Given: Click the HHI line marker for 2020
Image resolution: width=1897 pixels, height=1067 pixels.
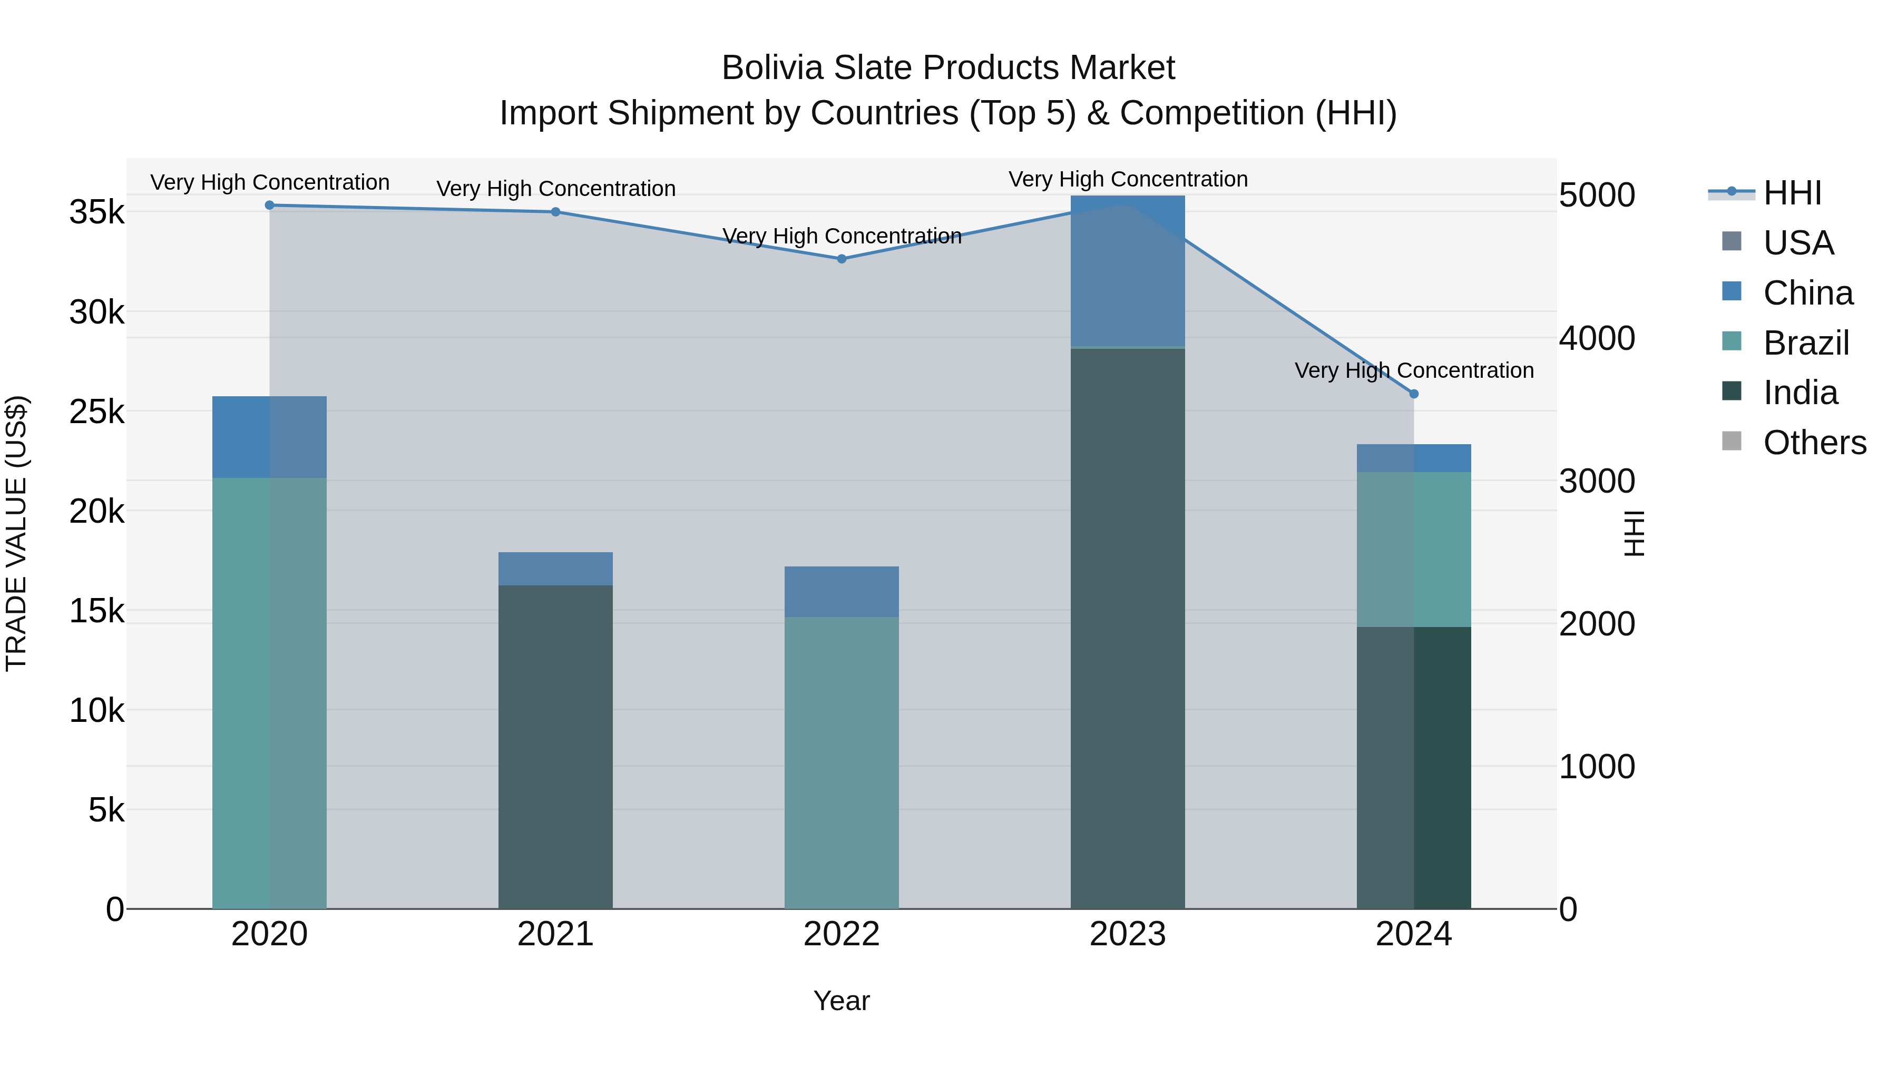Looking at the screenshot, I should [269, 205].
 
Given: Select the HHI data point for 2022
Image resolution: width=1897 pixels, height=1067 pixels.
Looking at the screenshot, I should [842, 259].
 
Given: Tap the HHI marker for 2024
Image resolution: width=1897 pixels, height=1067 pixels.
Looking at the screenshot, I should [1414, 394].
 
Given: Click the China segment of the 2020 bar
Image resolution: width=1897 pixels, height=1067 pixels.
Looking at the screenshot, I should [269, 437].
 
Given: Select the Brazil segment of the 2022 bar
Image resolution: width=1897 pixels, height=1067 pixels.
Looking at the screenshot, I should [842, 762].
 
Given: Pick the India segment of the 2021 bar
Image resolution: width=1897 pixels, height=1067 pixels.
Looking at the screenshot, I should [555, 747].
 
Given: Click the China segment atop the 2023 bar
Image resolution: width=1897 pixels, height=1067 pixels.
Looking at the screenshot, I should [1128, 271].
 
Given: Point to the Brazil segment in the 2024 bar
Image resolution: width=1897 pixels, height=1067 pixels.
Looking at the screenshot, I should [1414, 550].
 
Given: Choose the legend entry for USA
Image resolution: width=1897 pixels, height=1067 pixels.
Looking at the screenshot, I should [1798, 243].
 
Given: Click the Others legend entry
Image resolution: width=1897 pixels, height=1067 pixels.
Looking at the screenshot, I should [1814, 443].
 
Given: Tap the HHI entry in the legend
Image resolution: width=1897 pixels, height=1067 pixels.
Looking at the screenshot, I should [1793, 193].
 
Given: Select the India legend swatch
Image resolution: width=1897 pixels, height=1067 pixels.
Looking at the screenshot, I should [1732, 391].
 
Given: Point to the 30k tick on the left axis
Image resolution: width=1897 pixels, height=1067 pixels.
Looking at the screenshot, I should [97, 313].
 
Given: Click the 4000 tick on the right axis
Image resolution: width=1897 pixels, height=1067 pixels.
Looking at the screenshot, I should [1597, 339].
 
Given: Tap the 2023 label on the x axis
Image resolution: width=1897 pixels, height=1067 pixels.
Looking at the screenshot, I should [1128, 934].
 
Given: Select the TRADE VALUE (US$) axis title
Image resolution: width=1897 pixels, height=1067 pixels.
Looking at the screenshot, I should [16, 534].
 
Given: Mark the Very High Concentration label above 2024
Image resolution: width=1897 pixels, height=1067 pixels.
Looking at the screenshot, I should [1414, 370].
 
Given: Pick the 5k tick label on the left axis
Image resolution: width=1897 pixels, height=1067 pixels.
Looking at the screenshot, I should [106, 811].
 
